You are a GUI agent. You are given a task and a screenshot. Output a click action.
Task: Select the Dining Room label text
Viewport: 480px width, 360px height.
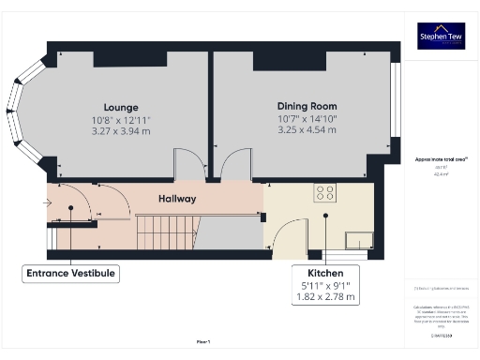coord(307,107)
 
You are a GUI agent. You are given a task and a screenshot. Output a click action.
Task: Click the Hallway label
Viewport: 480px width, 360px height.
coord(176,199)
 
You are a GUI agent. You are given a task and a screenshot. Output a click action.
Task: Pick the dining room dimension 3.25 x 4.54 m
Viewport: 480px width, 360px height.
coord(307,131)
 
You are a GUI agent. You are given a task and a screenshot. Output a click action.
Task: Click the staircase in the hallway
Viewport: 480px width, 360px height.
coord(169,232)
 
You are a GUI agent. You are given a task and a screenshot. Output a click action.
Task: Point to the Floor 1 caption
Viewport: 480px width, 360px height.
coord(202,343)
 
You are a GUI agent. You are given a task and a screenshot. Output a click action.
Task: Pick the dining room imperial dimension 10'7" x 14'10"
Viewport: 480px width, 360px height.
coord(307,119)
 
